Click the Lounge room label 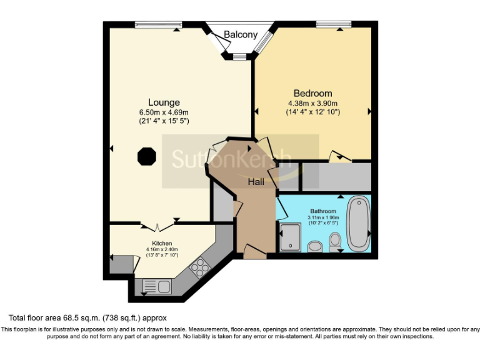[x=164, y=102]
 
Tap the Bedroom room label [x=312, y=94]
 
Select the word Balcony [x=241, y=35]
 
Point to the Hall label [x=256, y=182]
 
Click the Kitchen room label [x=162, y=243]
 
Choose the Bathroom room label [x=323, y=211]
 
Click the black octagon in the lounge [x=146, y=156]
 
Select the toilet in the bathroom [x=336, y=240]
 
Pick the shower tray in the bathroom [x=291, y=237]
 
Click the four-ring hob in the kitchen [x=200, y=268]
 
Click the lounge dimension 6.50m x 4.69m [x=164, y=112]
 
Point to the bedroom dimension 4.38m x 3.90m [x=312, y=103]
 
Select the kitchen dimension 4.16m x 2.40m [x=162, y=249]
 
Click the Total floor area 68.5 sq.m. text [x=87, y=318]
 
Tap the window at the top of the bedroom [x=333, y=25]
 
